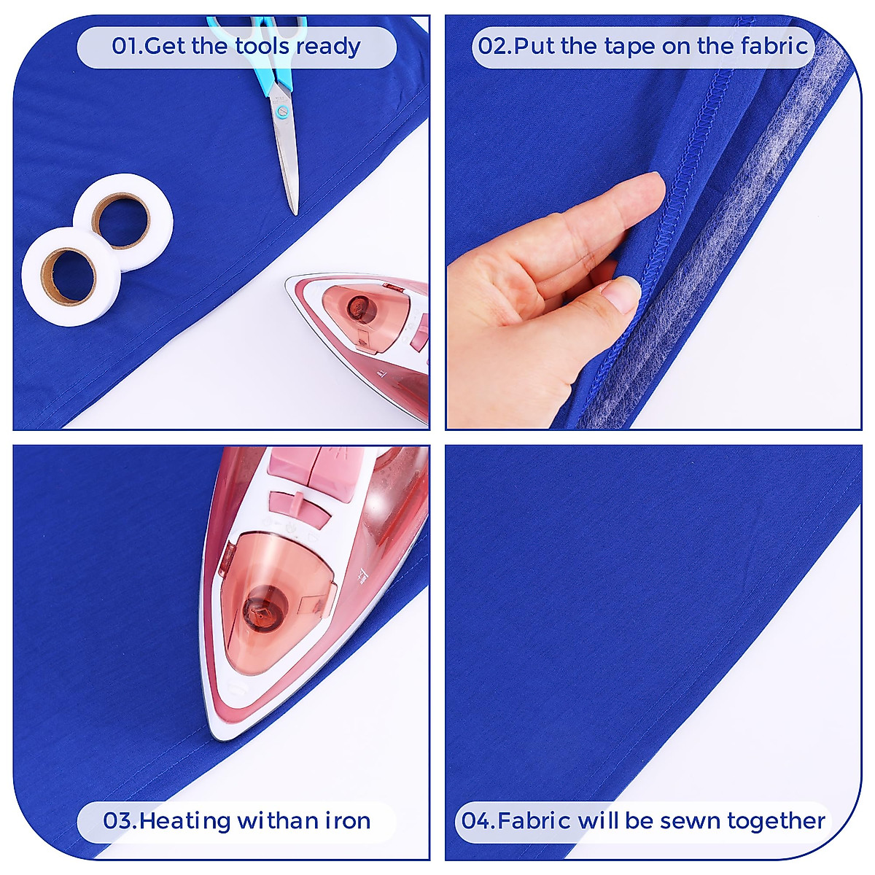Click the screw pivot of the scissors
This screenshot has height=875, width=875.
point(282,112)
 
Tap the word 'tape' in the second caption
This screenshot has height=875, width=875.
point(630,47)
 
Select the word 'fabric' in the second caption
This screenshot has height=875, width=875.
point(774,46)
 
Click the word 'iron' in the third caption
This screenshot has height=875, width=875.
point(347,821)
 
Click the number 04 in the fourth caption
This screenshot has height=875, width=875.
point(478,821)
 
